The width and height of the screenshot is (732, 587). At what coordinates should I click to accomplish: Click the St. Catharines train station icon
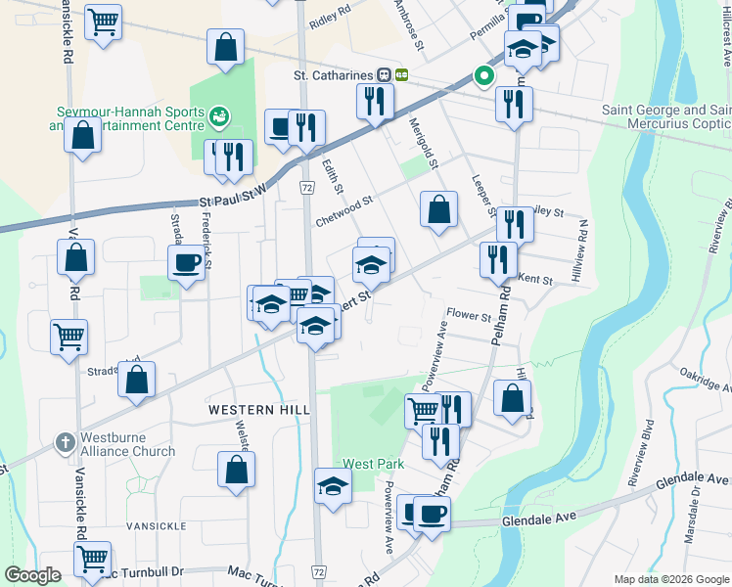[393, 75]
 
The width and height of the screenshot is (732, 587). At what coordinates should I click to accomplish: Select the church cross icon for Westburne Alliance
[66, 443]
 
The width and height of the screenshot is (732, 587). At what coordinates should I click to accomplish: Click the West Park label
[359, 463]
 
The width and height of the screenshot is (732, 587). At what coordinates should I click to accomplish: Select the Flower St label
[468, 316]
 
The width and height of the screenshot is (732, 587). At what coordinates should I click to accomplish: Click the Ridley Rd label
[329, 21]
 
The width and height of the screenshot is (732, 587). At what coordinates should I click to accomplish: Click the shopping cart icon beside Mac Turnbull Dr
[92, 560]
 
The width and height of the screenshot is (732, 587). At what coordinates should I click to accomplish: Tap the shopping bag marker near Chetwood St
[439, 209]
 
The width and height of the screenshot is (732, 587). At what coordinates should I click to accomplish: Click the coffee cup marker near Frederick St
[186, 262]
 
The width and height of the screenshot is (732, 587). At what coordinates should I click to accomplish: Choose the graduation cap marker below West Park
[333, 486]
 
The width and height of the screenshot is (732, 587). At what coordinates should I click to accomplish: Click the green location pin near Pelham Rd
[482, 75]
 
